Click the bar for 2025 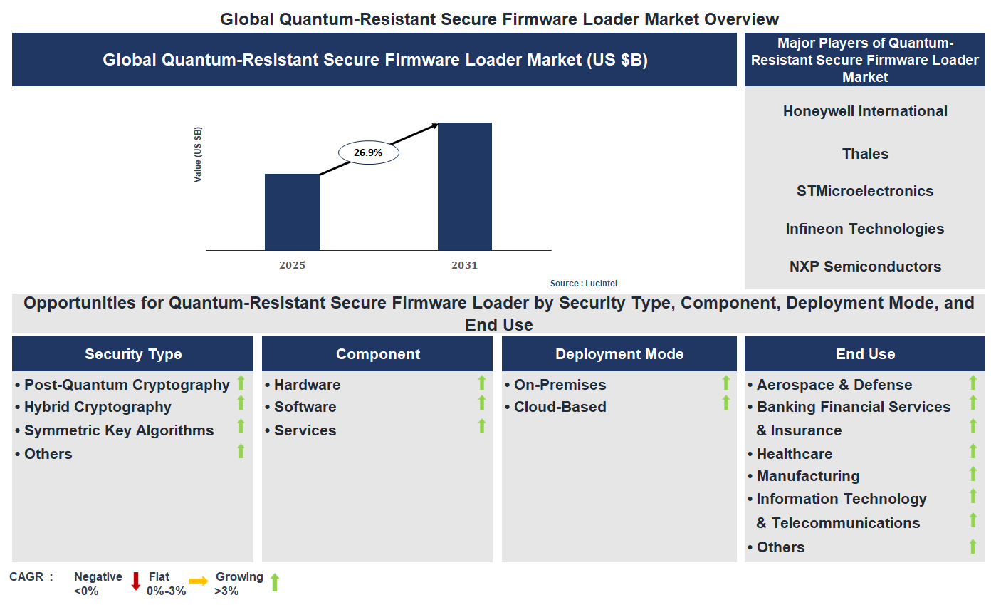coord(292,212)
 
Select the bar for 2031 coord(464,186)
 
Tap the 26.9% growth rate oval coord(368,152)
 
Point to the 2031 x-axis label coord(464,266)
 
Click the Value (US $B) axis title coord(198,154)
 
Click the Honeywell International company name coord(865,111)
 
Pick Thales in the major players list coord(865,154)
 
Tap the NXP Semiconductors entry coord(865,267)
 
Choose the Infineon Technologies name coord(865,229)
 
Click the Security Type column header coord(133,354)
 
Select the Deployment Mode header coord(619,354)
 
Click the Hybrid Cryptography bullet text coord(98,407)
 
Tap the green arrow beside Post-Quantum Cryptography coord(241,383)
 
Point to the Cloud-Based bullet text coord(560,407)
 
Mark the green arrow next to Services coord(482,426)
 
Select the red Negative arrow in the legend coord(136,581)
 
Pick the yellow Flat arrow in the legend coord(199,581)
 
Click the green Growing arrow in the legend coord(275,582)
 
